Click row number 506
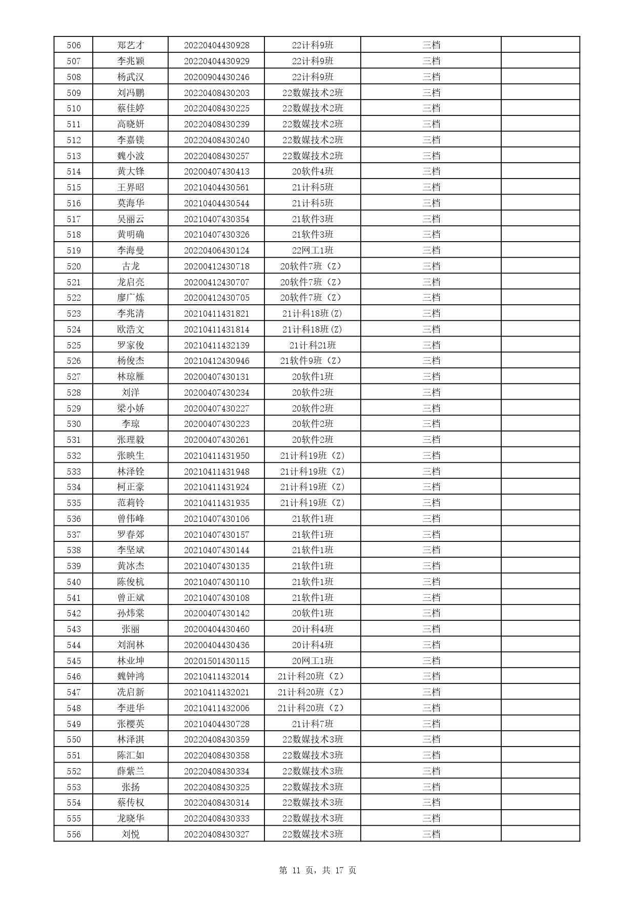pos(74,45)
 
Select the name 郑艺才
pos(131,45)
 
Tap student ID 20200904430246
pos(216,77)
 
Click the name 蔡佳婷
pos(131,108)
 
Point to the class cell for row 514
pos(313,171)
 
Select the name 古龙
pos(131,266)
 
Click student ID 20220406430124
pos(216,250)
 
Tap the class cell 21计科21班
pos(313,345)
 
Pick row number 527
pos(74,377)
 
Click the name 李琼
pos(131,424)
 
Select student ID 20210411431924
pos(216,487)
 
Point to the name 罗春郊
pos(131,535)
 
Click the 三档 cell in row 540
pos(431,582)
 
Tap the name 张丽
pos(131,629)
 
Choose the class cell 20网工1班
pos(313,661)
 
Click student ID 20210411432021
pos(216,692)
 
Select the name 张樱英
pos(131,724)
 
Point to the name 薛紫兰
pos(131,771)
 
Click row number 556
pos(74,834)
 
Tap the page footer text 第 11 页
pos(297,870)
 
